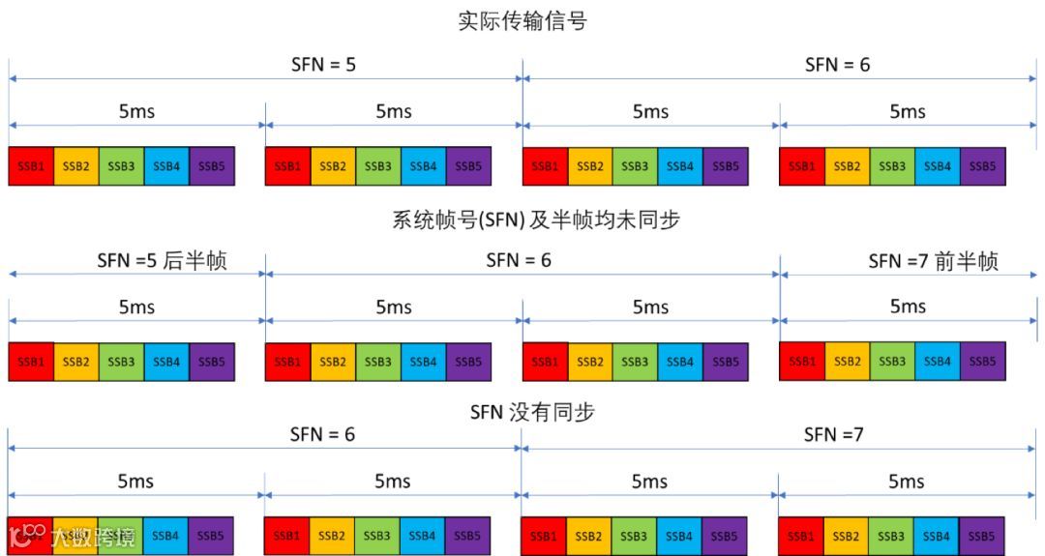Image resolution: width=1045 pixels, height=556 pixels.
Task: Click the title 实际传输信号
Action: pyautogui.click(x=522, y=21)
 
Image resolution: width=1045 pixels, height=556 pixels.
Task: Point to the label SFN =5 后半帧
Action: pyautogui.click(x=162, y=260)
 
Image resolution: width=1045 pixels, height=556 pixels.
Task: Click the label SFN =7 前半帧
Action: pyautogui.click(x=933, y=261)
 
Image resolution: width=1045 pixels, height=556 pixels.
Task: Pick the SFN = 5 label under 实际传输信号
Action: pyautogui.click(x=324, y=65)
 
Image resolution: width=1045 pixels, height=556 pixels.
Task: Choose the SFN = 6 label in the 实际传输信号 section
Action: pyautogui.click(x=837, y=65)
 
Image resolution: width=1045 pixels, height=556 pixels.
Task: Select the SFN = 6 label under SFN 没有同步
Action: pyautogui.click(x=322, y=434)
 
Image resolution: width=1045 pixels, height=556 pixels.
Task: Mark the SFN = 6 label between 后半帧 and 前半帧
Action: pyautogui.click(x=519, y=260)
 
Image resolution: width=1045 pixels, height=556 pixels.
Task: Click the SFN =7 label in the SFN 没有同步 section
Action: pyautogui.click(x=833, y=434)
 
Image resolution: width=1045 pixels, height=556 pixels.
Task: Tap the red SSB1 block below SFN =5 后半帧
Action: pyautogui.click(x=31, y=362)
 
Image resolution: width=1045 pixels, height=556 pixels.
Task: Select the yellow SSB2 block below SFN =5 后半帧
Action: pyautogui.click(x=76, y=362)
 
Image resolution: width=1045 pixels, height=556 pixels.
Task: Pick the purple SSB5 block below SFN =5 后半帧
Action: pyautogui.click(x=212, y=362)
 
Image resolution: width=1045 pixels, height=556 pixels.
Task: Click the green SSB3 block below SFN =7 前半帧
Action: pyautogui.click(x=892, y=361)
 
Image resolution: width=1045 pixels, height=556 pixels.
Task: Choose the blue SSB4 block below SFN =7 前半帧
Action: pyautogui.click(x=938, y=361)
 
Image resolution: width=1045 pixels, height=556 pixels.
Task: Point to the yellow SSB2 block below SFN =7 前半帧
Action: pyautogui.click(x=848, y=361)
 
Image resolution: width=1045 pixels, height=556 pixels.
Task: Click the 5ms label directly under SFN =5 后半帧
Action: pyautogui.click(x=136, y=307)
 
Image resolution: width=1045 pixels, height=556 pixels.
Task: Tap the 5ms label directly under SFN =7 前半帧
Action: pyautogui.click(x=908, y=307)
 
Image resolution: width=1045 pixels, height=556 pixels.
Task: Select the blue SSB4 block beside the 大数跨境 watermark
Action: pyautogui.click(x=165, y=535)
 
